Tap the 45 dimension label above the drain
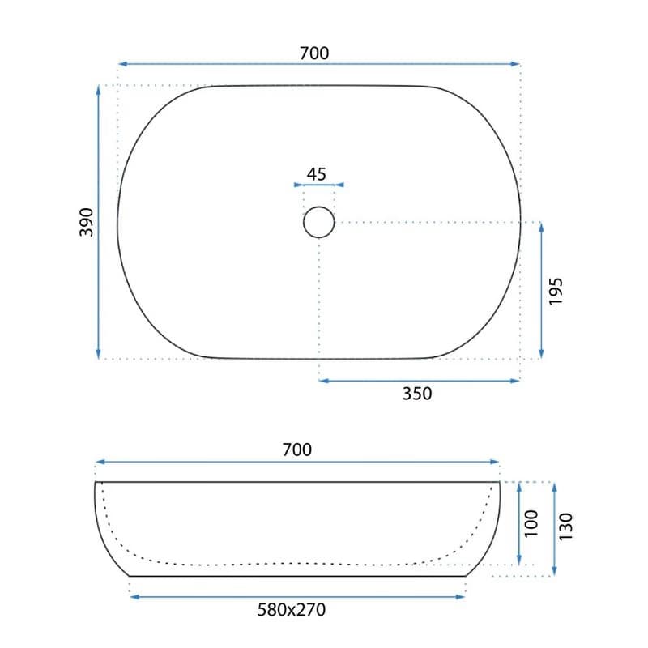click(x=317, y=174)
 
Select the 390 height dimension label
click(x=87, y=222)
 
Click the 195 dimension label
click(x=556, y=292)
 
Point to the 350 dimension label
click(x=417, y=394)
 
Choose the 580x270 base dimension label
click(x=292, y=610)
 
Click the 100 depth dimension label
click(x=531, y=523)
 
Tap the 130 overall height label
click(x=565, y=526)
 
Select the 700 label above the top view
click(x=314, y=53)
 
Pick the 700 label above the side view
click(x=296, y=450)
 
